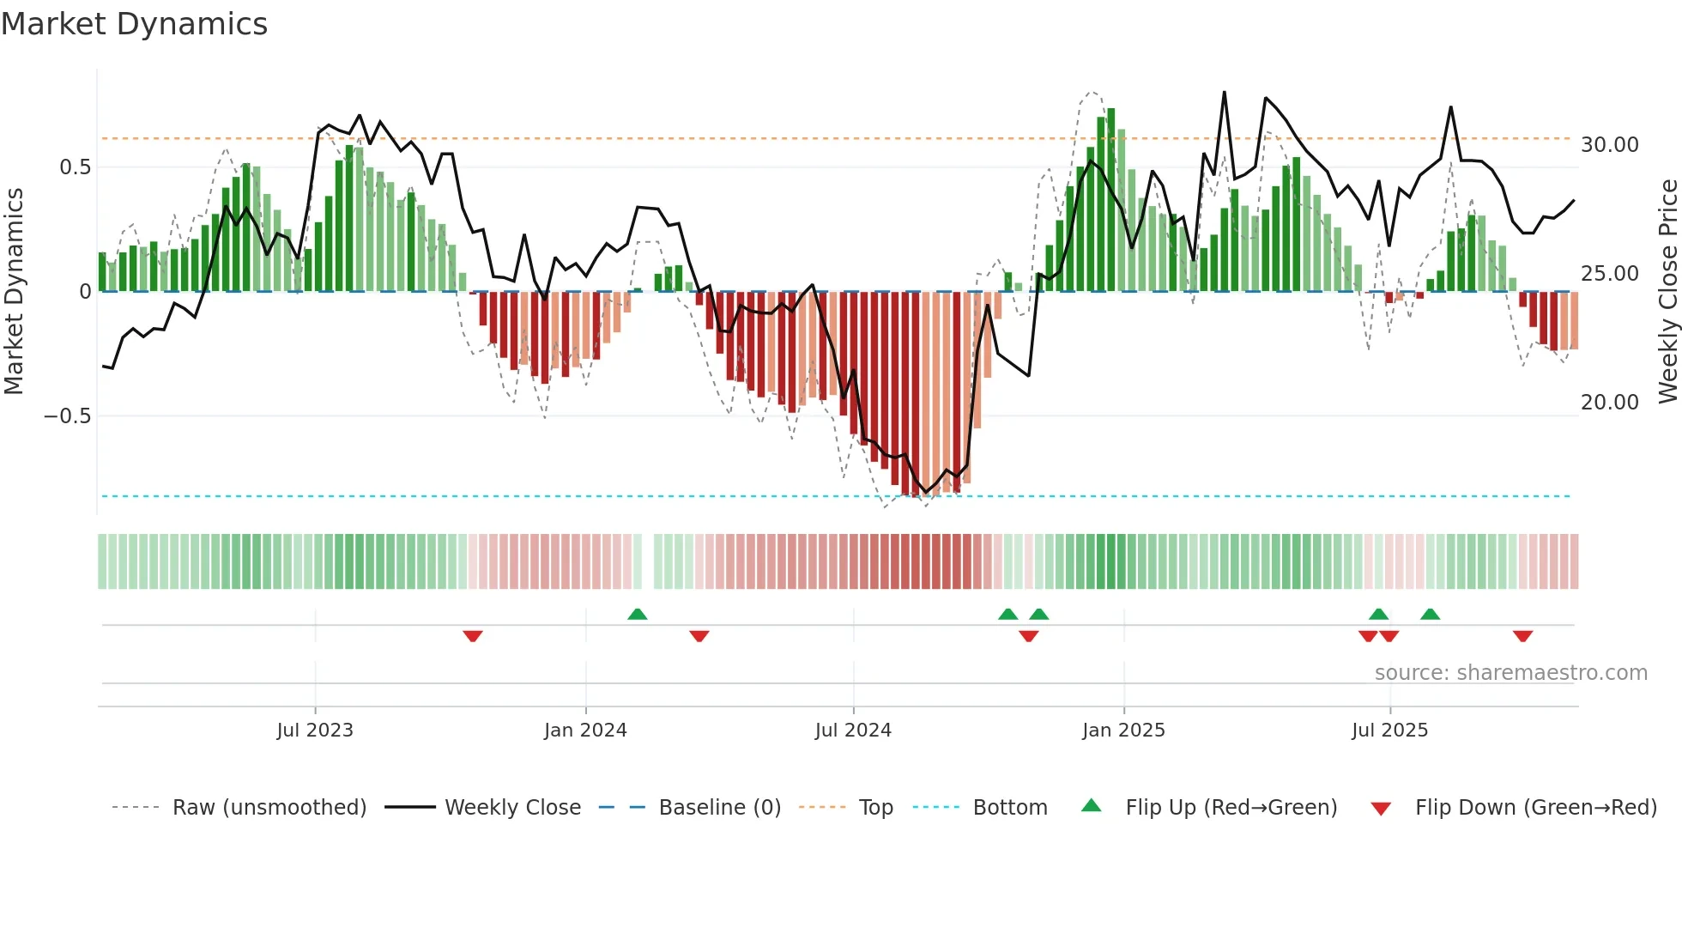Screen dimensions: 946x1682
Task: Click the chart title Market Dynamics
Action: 134,24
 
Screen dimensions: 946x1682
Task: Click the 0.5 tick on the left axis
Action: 75,167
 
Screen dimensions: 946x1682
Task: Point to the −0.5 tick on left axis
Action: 67,416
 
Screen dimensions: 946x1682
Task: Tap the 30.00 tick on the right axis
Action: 1610,145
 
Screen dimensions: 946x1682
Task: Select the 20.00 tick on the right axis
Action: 1610,403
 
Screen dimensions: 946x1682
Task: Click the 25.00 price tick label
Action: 1610,274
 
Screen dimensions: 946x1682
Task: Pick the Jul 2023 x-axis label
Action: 315,731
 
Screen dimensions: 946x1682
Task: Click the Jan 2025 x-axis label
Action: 1123,731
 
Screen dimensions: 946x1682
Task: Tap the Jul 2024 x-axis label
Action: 853,731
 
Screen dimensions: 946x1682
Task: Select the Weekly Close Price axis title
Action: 1667,291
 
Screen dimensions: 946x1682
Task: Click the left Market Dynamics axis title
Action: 14,291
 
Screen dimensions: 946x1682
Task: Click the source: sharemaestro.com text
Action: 1510,673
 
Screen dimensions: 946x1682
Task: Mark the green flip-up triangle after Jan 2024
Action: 637,615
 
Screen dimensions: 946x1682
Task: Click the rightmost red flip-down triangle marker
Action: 1522,636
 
